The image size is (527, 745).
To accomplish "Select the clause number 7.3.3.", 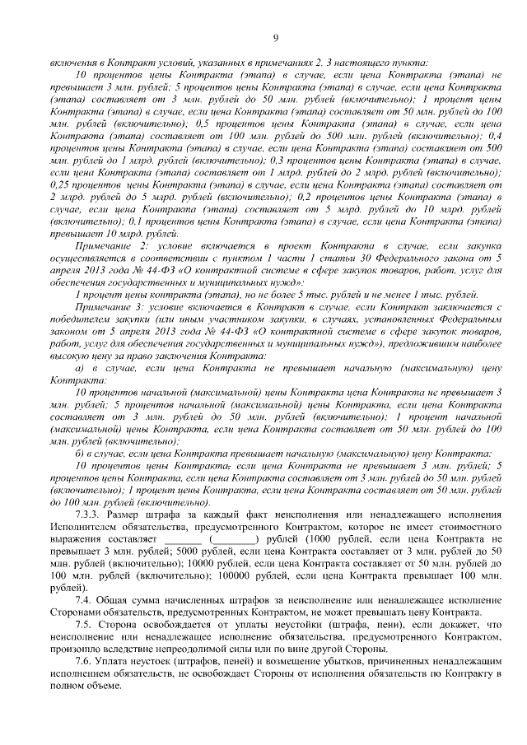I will pyautogui.click(x=88, y=515).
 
